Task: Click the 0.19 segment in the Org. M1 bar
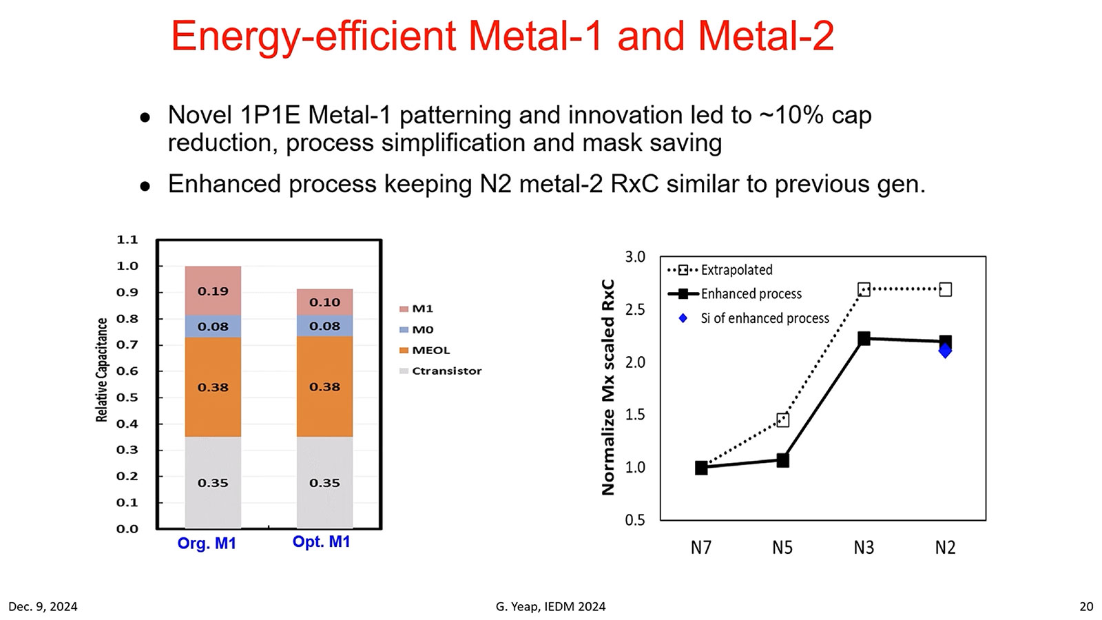click(213, 291)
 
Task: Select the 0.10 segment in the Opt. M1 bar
click(324, 302)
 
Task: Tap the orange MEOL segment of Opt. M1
click(324, 386)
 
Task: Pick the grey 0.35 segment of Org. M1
click(213, 482)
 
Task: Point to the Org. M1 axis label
click(207, 544)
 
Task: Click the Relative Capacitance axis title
click(102, 370)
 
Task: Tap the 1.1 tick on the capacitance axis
click(127, 240)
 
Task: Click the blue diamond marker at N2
click(946, 351)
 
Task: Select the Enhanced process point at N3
click(864, 338)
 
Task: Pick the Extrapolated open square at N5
click(782, 420)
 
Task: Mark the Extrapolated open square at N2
click(946, 289)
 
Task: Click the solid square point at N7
click(701, 468)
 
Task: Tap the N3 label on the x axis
click(864, 548)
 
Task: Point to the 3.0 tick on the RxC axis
click(635, 257)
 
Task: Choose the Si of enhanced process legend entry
click(765, 318)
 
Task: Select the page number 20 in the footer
click(1086, 606)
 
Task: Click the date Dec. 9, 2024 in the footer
click(43, 606)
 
